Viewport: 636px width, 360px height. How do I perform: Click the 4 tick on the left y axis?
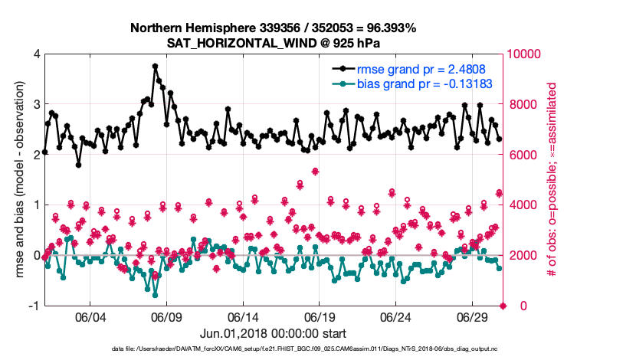pyautogui.click(x=36, y=54)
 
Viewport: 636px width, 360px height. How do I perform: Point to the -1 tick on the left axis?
pyautogui.click(x=34, y=306)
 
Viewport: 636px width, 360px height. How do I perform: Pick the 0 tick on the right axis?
pyautogui.click(x=513, y=306)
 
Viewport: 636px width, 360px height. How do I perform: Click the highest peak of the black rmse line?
pyautogui.click(x=155, y=66)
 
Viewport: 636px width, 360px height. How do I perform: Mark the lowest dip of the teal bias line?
pyautogui.click(x=155, y=294)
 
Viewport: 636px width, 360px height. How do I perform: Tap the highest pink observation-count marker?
pyautogui.click(x=316, y=171)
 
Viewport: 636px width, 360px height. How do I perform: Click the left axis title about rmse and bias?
pyautogui.click(x=18, y=179)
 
